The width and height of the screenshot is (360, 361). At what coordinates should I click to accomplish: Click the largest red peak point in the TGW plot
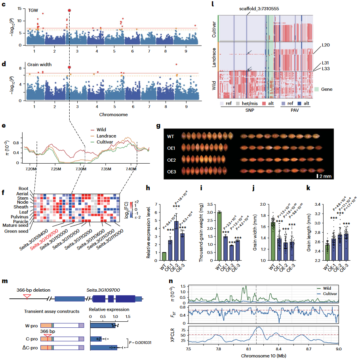point(69,10)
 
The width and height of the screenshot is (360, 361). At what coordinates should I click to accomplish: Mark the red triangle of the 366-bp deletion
point(27,296)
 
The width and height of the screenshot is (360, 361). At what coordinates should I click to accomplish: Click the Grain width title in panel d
point(40,64)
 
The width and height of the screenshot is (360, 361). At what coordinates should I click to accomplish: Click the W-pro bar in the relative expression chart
point(103,325)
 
